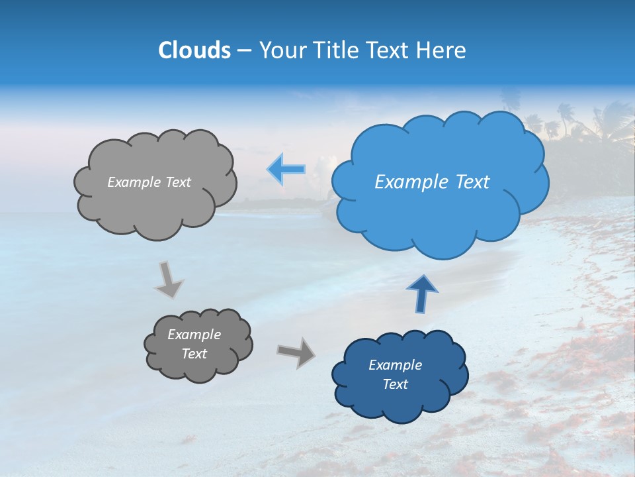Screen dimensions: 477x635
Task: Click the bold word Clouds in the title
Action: [194, 50]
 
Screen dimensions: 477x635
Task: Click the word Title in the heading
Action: [335, 50]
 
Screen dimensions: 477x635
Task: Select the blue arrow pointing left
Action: [286, 169]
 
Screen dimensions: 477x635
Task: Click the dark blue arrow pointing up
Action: [423, 293]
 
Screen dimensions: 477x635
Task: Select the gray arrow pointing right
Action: [296, 352]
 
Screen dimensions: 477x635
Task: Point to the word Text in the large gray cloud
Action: [177, 182]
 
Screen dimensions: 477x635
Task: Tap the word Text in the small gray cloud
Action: [194, 354]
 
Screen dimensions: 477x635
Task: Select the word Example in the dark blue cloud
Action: [395, 365]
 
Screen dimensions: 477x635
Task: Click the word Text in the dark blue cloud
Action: [395, 384]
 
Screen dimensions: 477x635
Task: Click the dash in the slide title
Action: [244, 51]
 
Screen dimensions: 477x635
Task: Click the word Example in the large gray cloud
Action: [134, 182]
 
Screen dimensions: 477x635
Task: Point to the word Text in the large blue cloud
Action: [472, 182]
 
